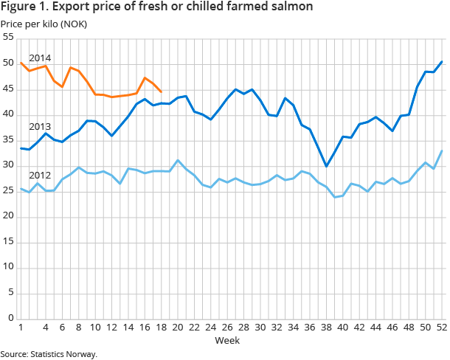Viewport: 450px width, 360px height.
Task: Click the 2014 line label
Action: pyautogui.click(x=40, y=58)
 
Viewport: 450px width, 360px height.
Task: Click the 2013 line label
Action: pyautogui.click(x=40, y=126)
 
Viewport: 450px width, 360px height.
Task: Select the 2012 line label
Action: pyautogui.click(x=40, y=176)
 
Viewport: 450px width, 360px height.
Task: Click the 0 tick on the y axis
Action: pyautogui.click(x=10, y=318)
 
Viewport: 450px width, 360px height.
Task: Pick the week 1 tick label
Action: pyautogui.click(x=20, y=328)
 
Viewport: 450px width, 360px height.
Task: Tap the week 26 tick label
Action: pyautogui.click(x=226, y=328)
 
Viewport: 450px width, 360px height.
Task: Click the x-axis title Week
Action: pyautogui.click(x=226, y=340)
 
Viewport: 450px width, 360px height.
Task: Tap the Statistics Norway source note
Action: pyautogui.click(x=49, y=354)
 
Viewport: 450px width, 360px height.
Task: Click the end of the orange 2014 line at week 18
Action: pyautogui.click(x=161, y=91)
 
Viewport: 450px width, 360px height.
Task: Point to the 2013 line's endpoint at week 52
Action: pyautogui.click(x=441, y=61)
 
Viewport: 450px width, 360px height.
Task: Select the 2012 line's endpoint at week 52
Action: pyautogui.click(x=441, y=150)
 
